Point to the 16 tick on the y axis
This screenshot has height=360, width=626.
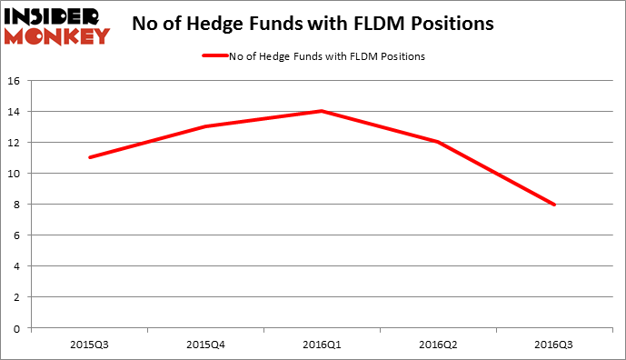tap(16, 80)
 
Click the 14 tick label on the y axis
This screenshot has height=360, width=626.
tap(16, 111)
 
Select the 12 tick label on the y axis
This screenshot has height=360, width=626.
tap(16, 142)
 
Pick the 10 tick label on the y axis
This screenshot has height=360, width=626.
tap(16, 173)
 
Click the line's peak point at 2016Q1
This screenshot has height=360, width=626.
tap(322, 111)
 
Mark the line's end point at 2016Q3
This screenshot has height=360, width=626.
tap(554, 205)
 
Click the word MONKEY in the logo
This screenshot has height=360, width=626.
tap(56, 35)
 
